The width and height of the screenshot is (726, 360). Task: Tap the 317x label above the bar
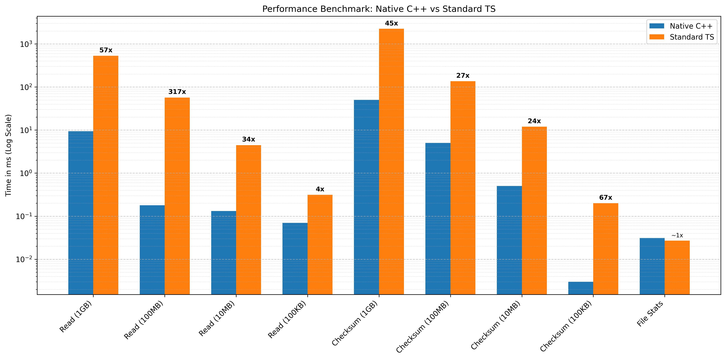coord(177,92)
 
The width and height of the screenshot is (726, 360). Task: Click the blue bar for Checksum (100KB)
coord(581,288)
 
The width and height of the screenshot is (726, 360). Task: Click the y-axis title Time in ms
coord(9,155)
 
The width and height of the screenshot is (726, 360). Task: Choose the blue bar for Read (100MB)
coord(152,250)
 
